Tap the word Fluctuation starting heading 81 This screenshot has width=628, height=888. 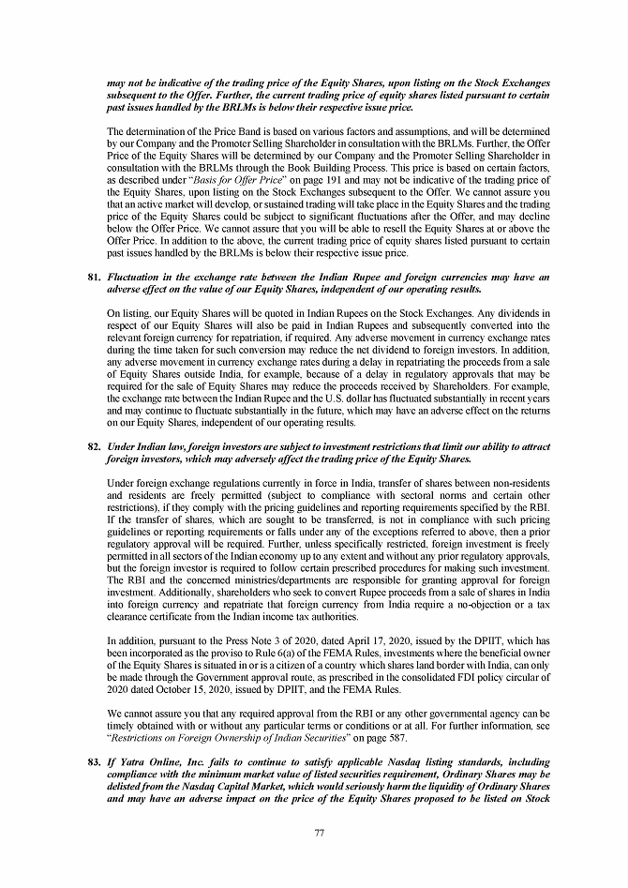[x=137, y=278]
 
